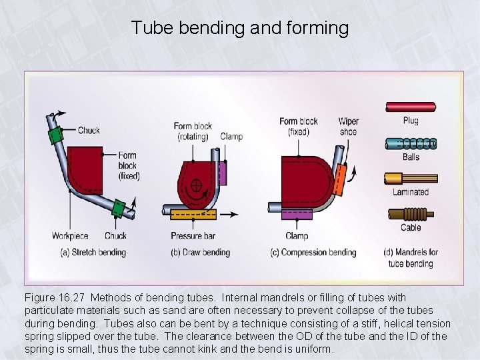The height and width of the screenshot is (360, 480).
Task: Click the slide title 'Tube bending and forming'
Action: click(239, 28)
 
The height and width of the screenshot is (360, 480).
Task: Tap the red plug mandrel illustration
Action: click(410, 107)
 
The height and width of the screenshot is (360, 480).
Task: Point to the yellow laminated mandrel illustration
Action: click(410, 178)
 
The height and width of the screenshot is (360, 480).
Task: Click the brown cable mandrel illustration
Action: click(409, 215)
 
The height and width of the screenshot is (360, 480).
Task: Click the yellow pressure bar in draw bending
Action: click(193, 214)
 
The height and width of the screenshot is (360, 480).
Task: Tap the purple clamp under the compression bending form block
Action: click(297, 214)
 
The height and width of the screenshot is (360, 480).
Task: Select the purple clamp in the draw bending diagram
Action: click(223, 174)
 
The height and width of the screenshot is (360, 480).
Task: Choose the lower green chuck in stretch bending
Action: click(119, 208)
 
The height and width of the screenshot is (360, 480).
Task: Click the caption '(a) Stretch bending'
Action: click(93, 253)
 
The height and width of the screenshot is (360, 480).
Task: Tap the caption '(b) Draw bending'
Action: click(201, 253)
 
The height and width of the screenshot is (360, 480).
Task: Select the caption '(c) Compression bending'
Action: click(313, 253)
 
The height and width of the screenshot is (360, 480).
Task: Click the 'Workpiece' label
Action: click(70, 235)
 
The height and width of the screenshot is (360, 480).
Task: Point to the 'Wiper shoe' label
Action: click(348, 126)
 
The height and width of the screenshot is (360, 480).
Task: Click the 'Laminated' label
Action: click(411, 192)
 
